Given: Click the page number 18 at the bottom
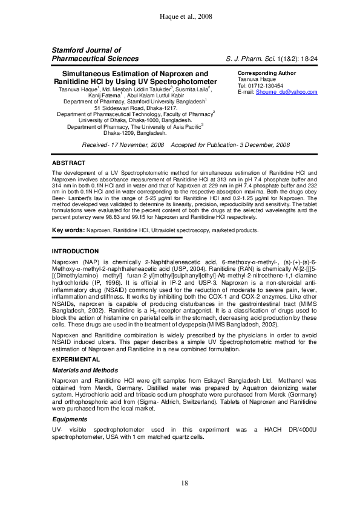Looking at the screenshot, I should coord(180,482).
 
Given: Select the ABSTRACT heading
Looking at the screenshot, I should coord(69,163).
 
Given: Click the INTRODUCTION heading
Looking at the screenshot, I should coord(75,251).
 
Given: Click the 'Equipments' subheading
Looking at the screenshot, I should coord(70,419).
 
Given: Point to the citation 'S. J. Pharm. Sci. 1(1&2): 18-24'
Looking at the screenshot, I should coord(267,59).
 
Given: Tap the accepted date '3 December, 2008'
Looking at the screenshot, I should coord(255,146).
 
